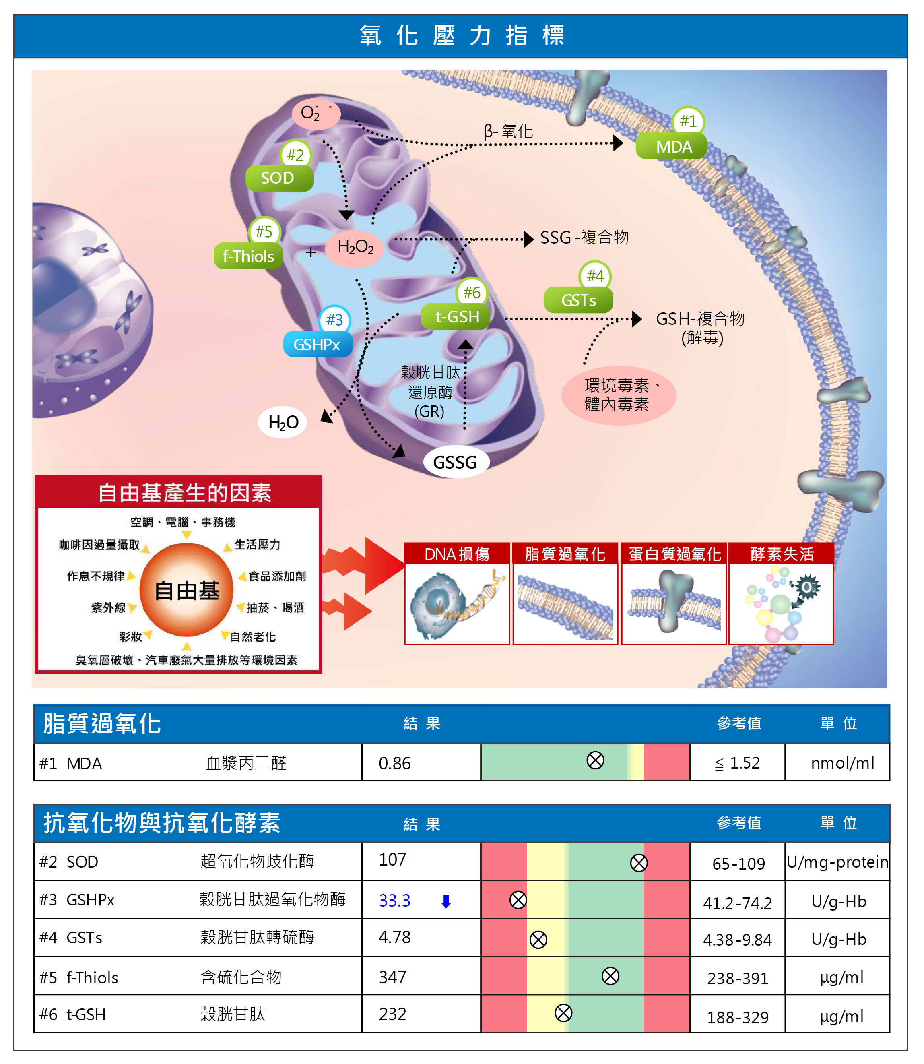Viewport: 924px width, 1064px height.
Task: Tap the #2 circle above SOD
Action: coord(295,155)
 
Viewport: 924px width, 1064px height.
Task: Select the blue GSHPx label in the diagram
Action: coord(317,345)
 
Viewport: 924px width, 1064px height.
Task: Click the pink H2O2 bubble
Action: coord(355,248)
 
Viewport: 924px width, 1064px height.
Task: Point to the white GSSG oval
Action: coord(455,462)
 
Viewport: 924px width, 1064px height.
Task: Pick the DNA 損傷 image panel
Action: coord(457,603)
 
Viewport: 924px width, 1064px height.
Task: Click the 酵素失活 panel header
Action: coord(781,554)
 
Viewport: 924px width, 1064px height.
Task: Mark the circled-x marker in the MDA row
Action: coord(595,760)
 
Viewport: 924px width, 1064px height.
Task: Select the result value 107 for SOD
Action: coord(392,860)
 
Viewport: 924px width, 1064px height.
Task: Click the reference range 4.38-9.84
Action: coord(737,940)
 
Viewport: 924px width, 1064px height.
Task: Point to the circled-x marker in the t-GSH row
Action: coord(563,1013)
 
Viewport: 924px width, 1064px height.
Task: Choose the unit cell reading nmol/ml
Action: coord(842,763)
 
